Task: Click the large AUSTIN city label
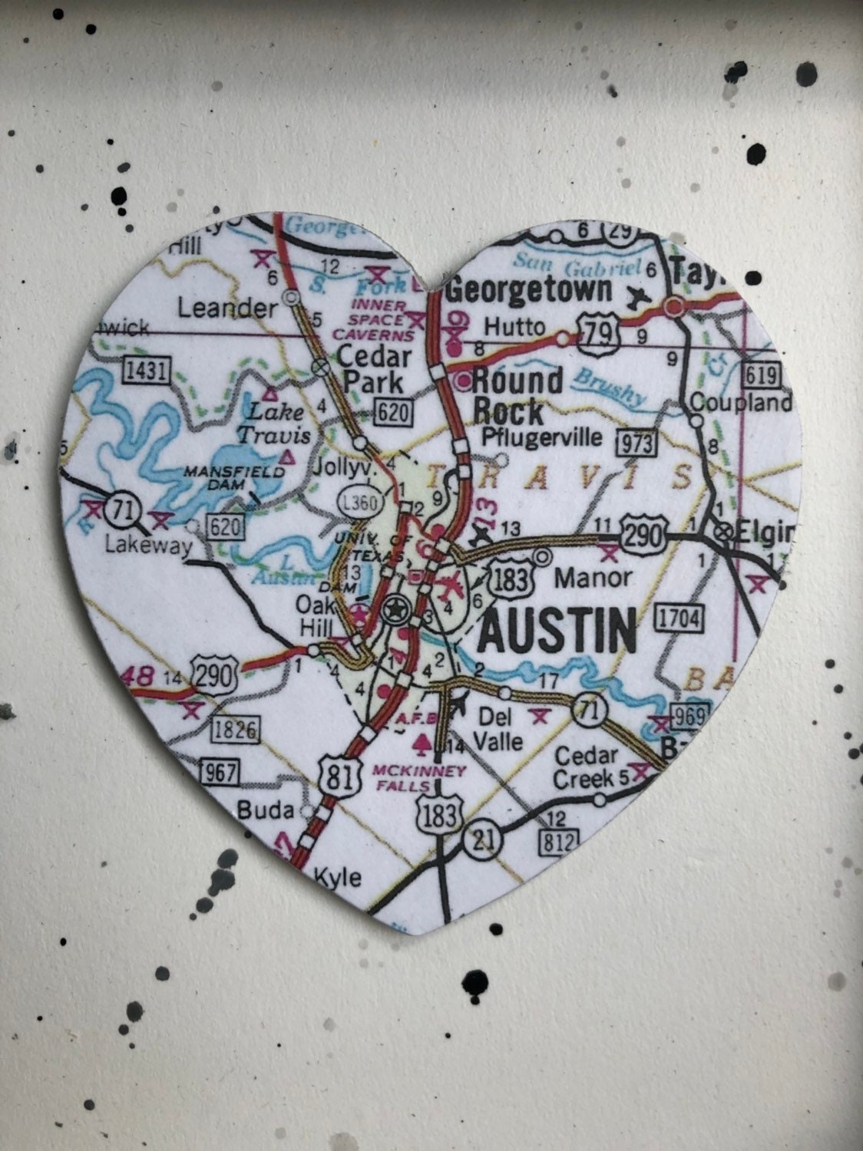pyautogui.click(x=558, y=630)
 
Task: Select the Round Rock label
pyautogui.click(x=517, y=396)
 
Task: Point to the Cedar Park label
pyautogui.click(x=374, y=368)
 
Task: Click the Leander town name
pyautogui.click(x=226, y=308)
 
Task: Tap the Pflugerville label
pyautogui.click(x=541, y=437)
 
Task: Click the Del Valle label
pyautogui.click(x=499, y=729)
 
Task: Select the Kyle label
pyautogui.click(x=337, y=876)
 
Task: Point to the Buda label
pyautogui.click(x=265, y=810)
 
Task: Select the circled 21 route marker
pyautogui.click(x=482, y=839)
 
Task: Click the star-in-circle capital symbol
pyautogui.click(x=395, y=610)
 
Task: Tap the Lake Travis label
pyautogui.click(x=273, y=423)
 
